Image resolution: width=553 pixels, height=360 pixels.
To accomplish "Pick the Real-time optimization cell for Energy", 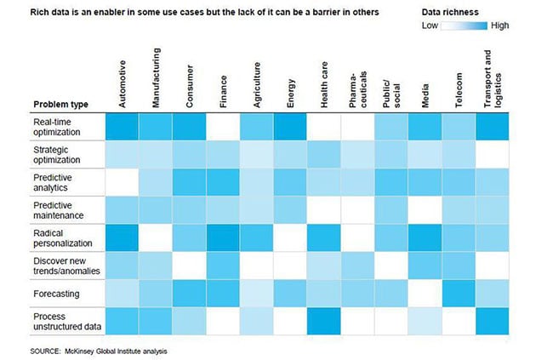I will point(290,127).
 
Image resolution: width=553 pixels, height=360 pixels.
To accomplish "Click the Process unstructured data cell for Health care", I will point(324,320).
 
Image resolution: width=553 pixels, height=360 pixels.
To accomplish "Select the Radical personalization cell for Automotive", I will point(122,237).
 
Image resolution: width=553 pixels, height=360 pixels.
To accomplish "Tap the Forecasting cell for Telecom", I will point(459,293).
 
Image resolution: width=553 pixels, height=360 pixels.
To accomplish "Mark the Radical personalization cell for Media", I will point(425,237).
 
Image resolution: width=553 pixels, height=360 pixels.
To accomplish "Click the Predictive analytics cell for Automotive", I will point(122,182).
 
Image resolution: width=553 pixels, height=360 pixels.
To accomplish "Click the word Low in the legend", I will point(430,26).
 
